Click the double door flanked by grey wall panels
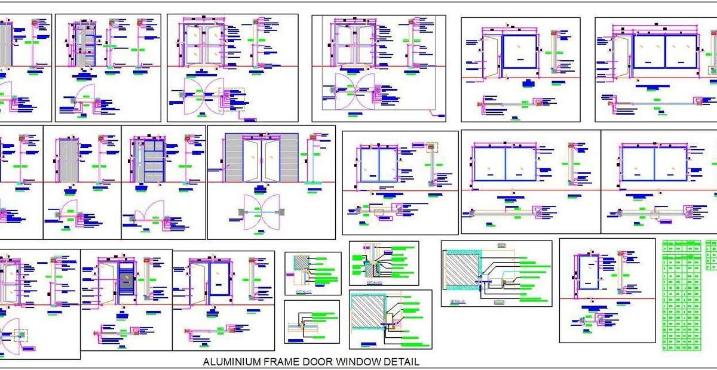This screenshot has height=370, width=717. [x=261, y=159]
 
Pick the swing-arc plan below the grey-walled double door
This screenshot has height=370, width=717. [x=261, y=211]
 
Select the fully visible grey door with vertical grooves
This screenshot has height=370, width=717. [x=69, y=160]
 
